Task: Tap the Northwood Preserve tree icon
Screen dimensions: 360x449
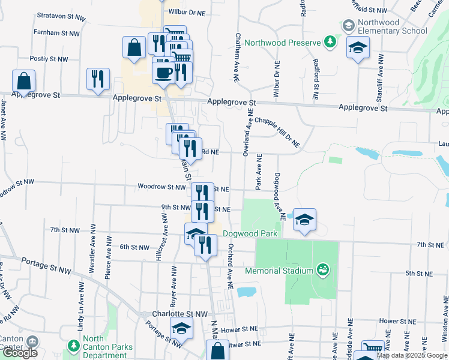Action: (329, 41)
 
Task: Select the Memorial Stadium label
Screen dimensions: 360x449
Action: (279, 271)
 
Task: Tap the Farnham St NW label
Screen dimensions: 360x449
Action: (56, 32)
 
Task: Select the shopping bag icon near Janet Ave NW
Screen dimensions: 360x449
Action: (23, 80)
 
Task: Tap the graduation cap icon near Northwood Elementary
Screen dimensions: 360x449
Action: (358, 48)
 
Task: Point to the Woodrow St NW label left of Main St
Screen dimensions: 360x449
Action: (161, 187)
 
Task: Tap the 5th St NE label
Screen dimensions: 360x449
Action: (419, 274)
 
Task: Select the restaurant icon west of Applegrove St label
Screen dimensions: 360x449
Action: (98, 79)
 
